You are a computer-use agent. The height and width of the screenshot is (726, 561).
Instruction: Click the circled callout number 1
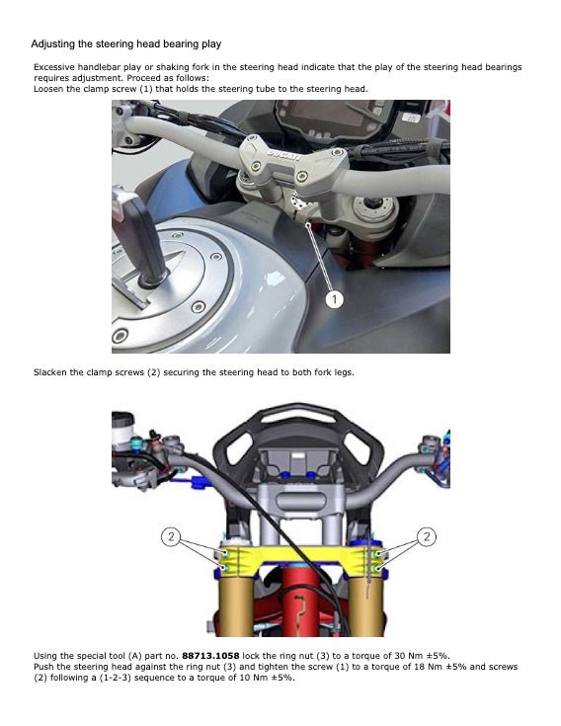335,298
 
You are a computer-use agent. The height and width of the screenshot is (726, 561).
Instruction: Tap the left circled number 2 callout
170,536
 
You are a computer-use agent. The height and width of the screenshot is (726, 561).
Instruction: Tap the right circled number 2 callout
427,536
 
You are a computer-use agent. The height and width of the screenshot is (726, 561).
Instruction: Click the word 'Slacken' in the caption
52,372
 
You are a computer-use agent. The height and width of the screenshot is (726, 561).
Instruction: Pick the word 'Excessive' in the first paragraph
56,66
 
